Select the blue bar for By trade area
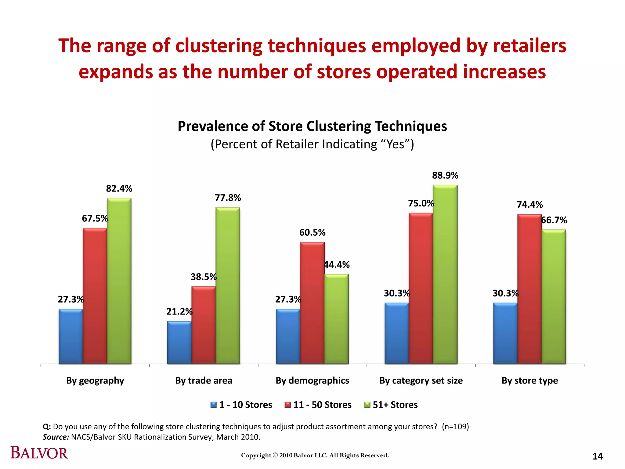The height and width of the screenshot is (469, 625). [179, 342]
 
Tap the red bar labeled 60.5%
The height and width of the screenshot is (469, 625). [312, 303]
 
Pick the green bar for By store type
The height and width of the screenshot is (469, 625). [554, 296]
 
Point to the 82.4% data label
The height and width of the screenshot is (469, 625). [119, 189]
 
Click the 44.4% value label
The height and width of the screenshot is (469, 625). [336, 265]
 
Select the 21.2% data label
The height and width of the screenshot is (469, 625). [179, 311]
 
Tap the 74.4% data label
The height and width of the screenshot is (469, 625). [529, 205]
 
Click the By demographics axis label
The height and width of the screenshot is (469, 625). [312, 380]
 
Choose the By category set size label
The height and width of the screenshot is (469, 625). [421, 380]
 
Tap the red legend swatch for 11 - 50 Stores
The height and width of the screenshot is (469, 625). [287, 405]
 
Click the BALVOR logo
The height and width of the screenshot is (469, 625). [39, 453]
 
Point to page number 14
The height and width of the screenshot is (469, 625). [598, 456]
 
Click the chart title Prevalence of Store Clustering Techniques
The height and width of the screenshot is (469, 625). [312, 126]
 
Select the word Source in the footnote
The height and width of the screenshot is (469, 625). [56, 437]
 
